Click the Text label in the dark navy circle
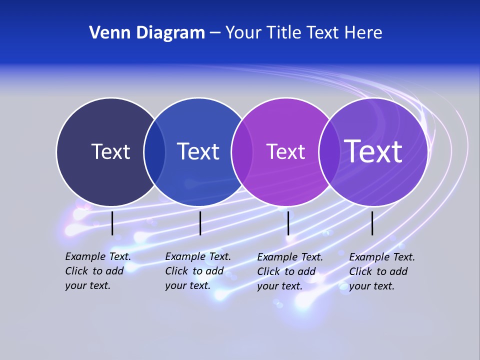point(110,151)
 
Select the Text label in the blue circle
point(198,151)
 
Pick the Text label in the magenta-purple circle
point(285,151)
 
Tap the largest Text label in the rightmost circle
point(373,151)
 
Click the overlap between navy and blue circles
point(155,152)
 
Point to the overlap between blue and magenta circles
point(242,152)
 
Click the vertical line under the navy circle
point(112,223)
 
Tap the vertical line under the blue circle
point(200,223)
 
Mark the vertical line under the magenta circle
point(288,223)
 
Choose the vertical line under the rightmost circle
point(372,223)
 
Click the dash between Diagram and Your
point(214,33)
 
